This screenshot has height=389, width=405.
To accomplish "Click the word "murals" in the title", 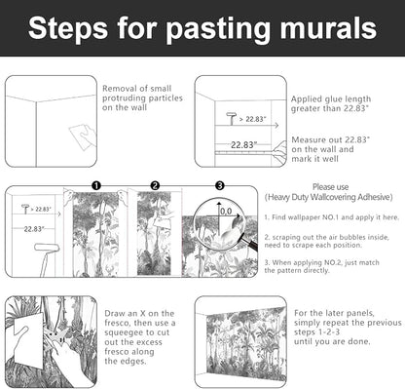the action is [x=328, y=28].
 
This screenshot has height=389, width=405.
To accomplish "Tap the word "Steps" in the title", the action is [x=68, y=29].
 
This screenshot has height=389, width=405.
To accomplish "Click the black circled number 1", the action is [x=96, y=186].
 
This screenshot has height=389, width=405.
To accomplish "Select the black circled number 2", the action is [x=155, y=186].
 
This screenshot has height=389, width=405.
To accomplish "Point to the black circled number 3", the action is [x=220, y=186].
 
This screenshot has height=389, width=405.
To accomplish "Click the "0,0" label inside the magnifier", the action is [x=226, y=212].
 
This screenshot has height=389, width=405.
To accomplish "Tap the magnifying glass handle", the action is [x=251, y=244].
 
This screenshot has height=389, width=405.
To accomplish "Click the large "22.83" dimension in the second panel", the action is [x=244, y=145].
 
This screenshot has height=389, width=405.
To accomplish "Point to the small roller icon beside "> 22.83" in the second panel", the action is [x=232, y=118].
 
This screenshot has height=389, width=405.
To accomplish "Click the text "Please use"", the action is [x=330, y=187].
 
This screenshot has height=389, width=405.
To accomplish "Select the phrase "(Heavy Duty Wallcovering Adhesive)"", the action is [x=328, y=197].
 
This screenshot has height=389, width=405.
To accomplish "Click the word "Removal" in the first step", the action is [x=118, y=89].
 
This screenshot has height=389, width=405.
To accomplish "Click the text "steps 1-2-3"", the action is [x=317, y=332].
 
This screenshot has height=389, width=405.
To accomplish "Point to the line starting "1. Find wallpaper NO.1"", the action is [x=331, y=217].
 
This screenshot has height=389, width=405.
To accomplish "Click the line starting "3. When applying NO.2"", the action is [x=321, y=262].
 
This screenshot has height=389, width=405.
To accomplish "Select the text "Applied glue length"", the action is [x=331, y=98].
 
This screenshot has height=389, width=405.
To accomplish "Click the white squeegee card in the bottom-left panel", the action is [x=28, y=339].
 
